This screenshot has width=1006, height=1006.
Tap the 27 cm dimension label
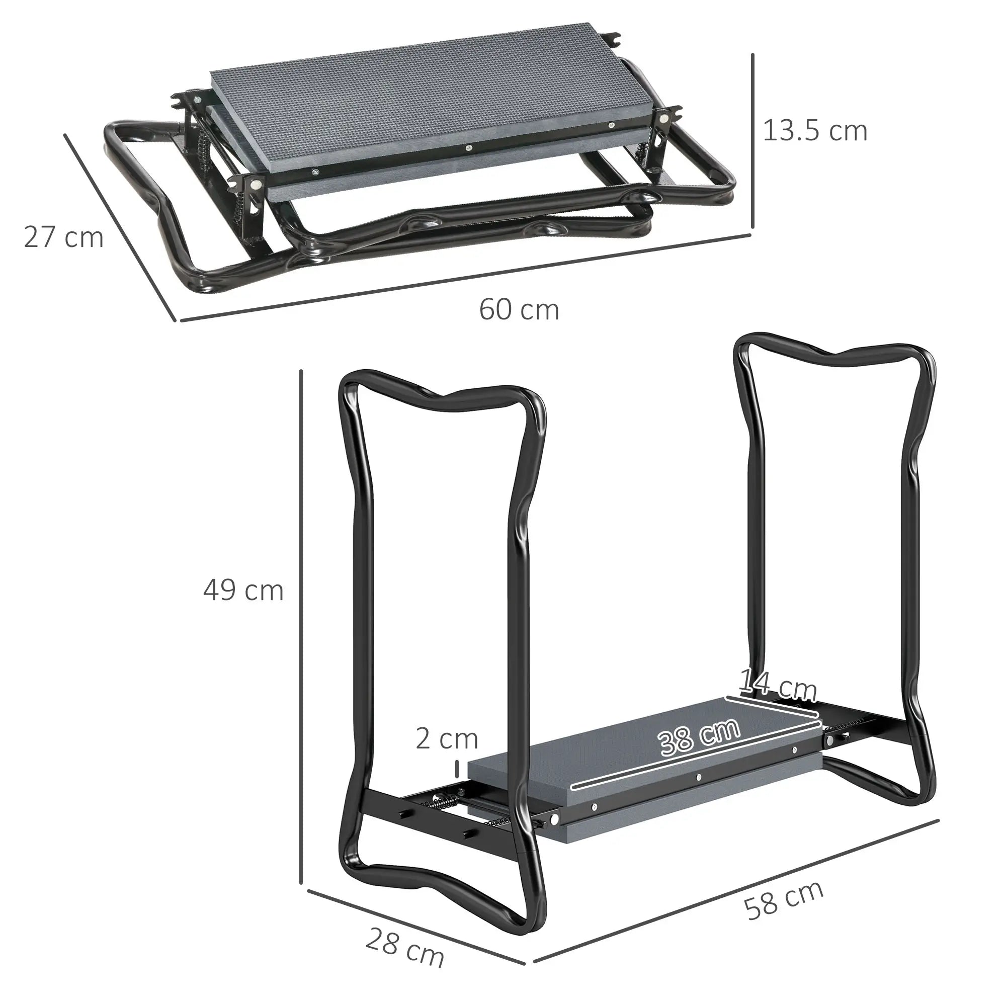(63, 237)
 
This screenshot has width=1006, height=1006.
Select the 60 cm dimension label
(519, 310)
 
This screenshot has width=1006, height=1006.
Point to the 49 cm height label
(243, 591)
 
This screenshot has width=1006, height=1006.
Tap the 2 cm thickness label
(447, 739)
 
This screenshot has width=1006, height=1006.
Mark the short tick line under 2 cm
(457, 769)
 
